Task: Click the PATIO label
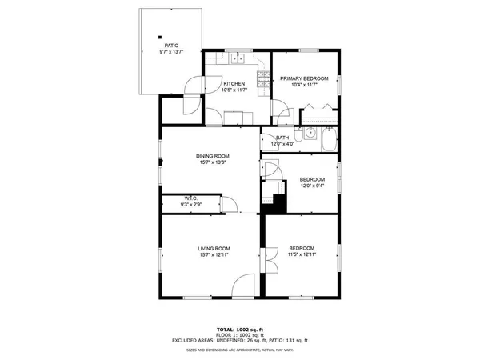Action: (x=171, y=46)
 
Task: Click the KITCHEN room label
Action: (x=234, y=84)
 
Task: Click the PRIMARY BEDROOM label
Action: (x=305, y=78)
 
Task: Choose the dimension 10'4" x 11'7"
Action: (x=305, y=85)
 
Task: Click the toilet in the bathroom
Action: (x=298, y=137)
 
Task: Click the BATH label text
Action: (x=282, y=138)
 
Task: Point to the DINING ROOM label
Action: (x=213, y=156)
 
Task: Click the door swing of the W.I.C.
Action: (x=230, y=205)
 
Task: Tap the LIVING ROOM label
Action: (x=214, y=248)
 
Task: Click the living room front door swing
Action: (x=246, y=286)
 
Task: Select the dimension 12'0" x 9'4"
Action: (x=313, y=186)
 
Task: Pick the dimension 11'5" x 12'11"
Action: (x=302, y=254)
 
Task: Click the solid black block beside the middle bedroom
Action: (x=277, y=203)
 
